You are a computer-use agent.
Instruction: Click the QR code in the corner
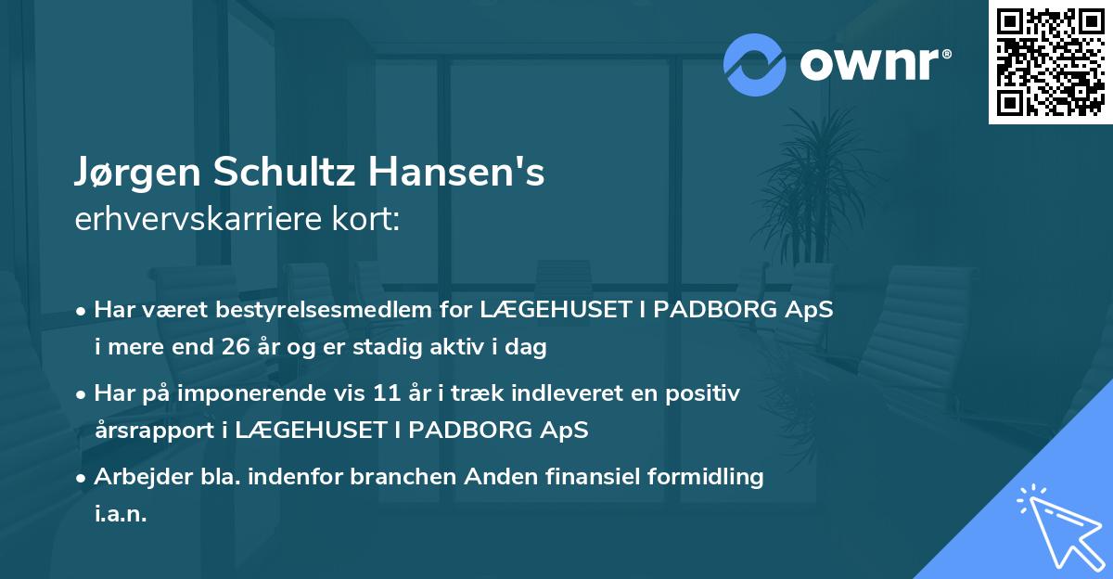coord(1050,61)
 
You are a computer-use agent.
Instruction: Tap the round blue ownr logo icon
coord(755,64)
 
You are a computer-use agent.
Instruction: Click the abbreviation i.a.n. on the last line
coord(121,513)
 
